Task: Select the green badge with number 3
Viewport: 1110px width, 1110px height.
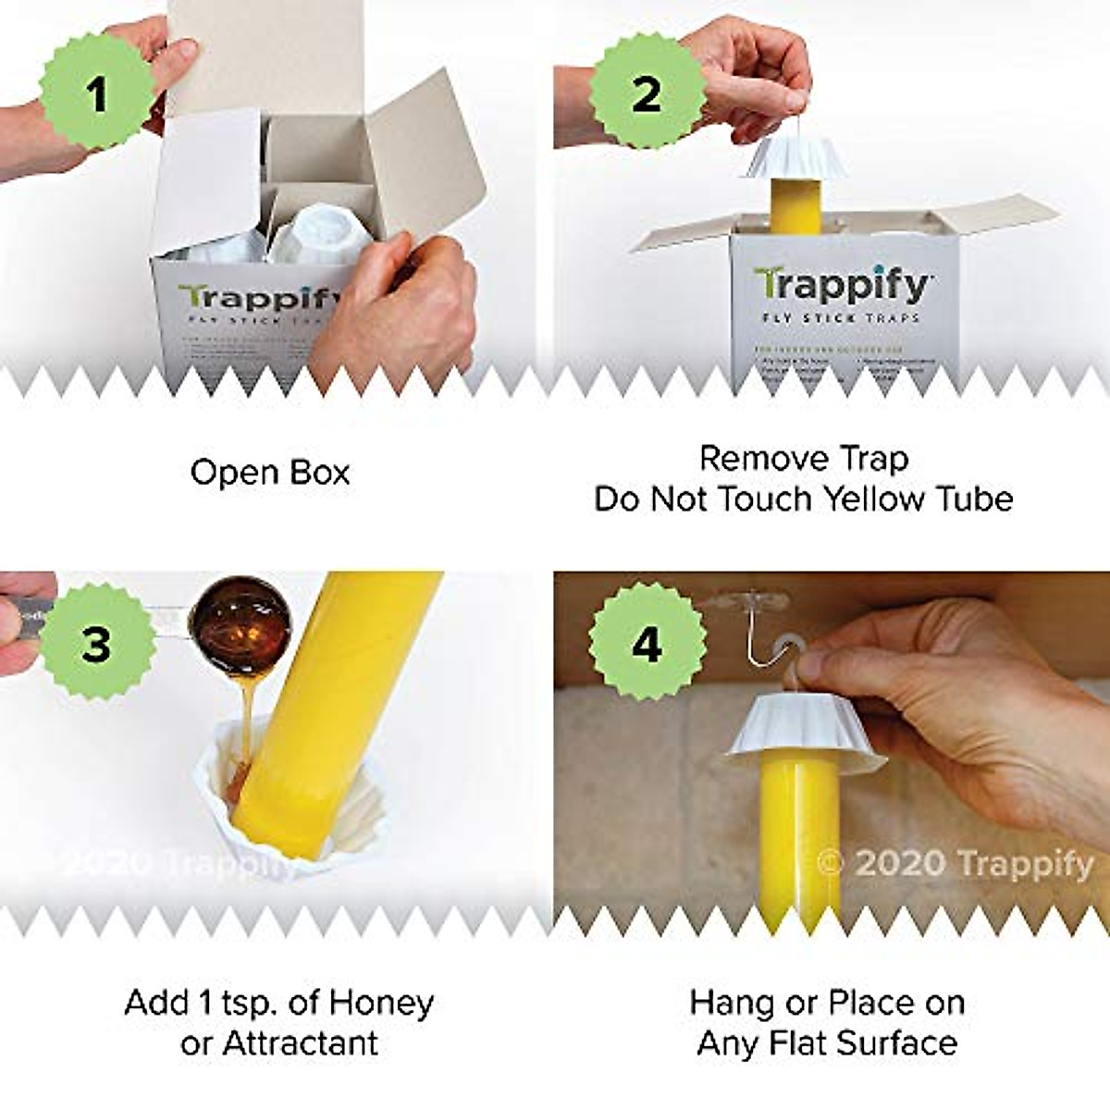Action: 95,643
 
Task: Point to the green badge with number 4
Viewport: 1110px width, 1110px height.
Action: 646,643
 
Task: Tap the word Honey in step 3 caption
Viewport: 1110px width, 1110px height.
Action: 381,1002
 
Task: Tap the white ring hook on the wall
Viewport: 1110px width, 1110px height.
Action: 790,640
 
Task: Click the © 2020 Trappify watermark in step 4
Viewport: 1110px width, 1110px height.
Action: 956,863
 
